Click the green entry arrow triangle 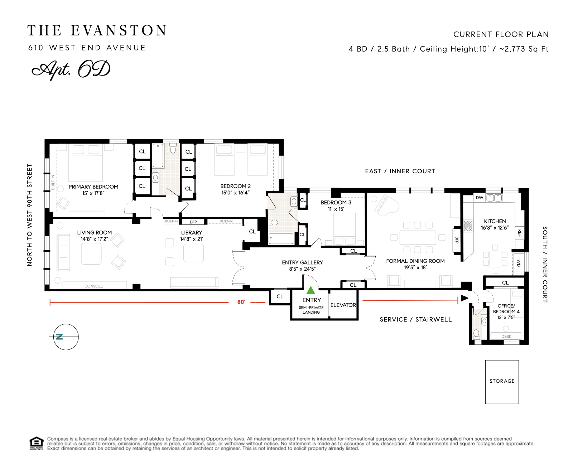[x=311, y=290]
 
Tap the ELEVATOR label [x=343, y=305]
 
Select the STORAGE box [x=502, y=382]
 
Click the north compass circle [x=66, y=337]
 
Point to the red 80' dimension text [x=241, y=302]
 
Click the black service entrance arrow [x=464, y=298]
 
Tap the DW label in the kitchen [x=480, y=198]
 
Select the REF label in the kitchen [x=520, y=233]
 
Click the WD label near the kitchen [x=518, y=263]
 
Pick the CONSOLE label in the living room [x=94, y=286]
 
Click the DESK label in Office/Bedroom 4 [x=506, y=337]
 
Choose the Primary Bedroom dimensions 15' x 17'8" [x=93, y=193]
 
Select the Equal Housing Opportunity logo [x=36, y=443]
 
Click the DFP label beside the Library [x=193, y=222]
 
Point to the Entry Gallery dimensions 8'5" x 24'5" [x=302, y=269]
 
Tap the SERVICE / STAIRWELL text [x=416, y=319]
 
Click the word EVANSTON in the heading [x=119, y=31]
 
